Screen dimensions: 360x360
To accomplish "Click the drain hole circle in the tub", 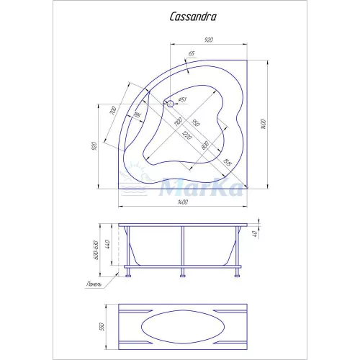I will pos(171,103).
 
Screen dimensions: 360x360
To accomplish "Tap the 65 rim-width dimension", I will pos(192,54).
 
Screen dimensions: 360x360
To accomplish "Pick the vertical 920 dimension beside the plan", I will pos(94,146).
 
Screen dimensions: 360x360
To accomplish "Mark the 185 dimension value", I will pos(137,115).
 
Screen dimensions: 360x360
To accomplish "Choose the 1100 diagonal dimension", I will pos(179,125).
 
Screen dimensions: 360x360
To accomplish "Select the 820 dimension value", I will pos(205,144).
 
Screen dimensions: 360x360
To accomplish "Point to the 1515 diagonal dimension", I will pos(226,164).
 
